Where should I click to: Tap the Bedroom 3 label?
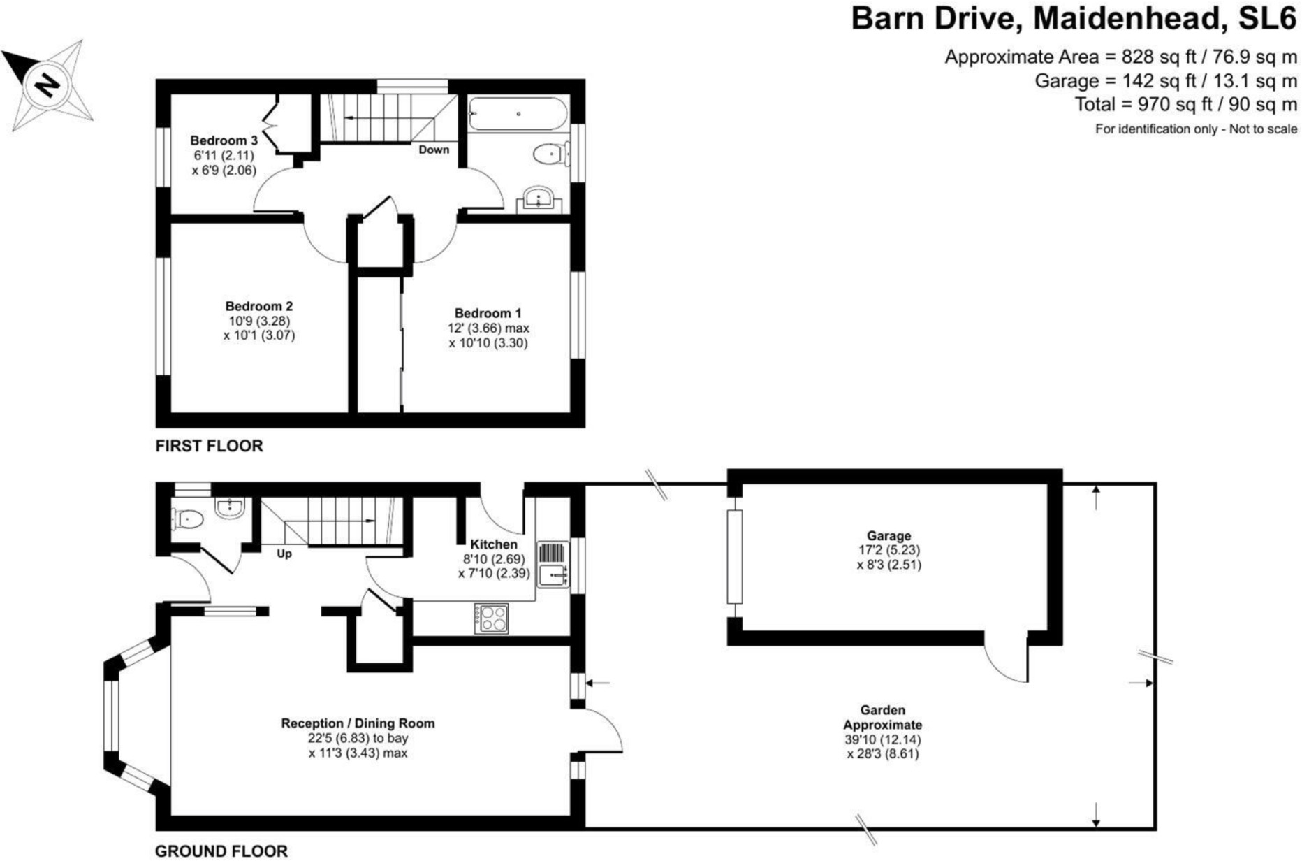[x=224, y=140]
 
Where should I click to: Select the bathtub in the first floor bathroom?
[x=518, y=114]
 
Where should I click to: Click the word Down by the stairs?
[x=434, y=150]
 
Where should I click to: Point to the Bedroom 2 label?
[x=258, y=306]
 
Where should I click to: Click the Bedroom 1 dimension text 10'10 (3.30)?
[x=488, y=343]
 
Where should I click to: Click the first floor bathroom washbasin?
[x=539, y=198]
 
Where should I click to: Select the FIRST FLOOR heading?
[x=209, y=446]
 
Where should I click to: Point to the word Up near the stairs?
[x=284, y=553]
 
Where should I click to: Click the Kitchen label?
[x=494, y=544]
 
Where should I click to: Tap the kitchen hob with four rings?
[x=492, y=618]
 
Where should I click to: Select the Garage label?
[x=888, y=536]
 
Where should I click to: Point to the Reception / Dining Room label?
[x=358, y=723]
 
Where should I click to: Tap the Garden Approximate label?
[x=882, y=718]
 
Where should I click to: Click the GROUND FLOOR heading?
[x=221, y=851]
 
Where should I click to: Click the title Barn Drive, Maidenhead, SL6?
[x=1073, y=19]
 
